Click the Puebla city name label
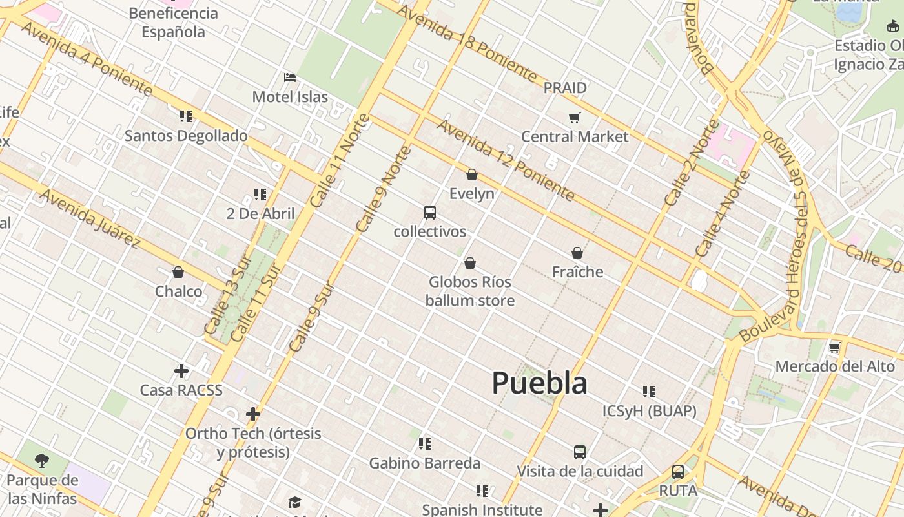539,383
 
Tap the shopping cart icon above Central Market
574,118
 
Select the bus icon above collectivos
429,213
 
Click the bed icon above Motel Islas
290,78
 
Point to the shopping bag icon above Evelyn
472,174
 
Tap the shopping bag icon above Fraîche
577,253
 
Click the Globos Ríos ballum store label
470,291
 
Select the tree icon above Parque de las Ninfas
42,461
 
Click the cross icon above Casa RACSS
181,371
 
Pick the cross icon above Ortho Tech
253,414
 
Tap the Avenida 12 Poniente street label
506,160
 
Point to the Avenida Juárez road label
90,218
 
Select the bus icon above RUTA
678,472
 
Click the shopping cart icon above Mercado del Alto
834,348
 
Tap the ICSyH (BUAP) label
649,411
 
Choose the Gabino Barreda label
424,463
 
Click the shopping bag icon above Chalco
178,272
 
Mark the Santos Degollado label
186,136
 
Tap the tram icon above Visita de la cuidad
580,452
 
